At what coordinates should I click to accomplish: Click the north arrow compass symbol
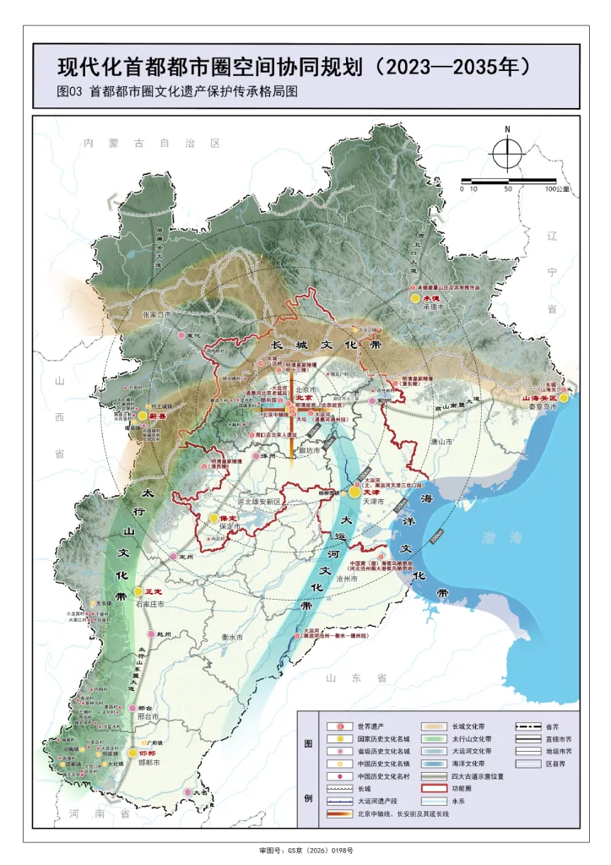pyautogui.click(x=506, y=153)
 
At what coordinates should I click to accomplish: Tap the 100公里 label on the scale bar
pyautogui.click(x=558, y=189)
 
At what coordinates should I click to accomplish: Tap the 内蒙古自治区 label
pyautogui.click(x=152, y=144)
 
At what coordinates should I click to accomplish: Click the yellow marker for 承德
pyautogui.click(x=415, y=298)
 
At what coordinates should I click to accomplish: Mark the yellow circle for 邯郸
pyautogui.click(x=132, y=753)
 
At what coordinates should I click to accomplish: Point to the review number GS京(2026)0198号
pyautogui.click(x=305, y=851)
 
